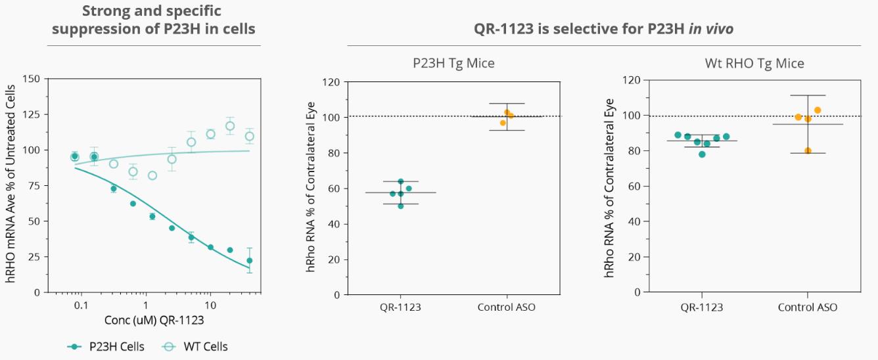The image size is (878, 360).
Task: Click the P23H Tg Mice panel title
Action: pos(453,64)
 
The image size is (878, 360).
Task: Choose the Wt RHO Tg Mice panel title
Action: pos(754,64)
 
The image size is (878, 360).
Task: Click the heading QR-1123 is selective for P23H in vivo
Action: pos(603,30)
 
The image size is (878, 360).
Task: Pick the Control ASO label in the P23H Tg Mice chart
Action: pos(506,307)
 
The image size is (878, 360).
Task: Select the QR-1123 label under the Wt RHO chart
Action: pos(702,307)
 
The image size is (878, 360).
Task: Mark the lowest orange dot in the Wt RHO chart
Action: pos(808,150)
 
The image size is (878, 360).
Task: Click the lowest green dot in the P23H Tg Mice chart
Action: pos(401,206)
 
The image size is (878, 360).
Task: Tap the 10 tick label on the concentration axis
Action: pos(210,305)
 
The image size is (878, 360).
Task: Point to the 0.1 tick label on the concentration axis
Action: pos(81,305)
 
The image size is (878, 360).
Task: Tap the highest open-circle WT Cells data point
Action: pos(230,126)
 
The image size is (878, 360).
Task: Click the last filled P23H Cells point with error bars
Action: pos(250,261)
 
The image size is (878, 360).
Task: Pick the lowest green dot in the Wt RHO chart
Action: pos(702,154)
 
